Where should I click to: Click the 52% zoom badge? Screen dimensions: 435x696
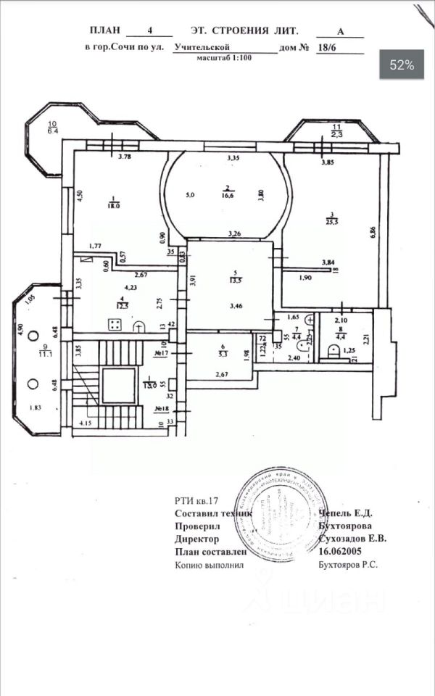pyautogui.click(x=402, y=65)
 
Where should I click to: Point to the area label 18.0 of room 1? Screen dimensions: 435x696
pyautogui.click(x=114, y=206)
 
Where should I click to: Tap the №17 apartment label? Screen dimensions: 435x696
pyautogui.click(x=162, y=354)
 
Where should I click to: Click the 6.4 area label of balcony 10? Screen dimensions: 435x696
pyautogui.click(x=53, y=131)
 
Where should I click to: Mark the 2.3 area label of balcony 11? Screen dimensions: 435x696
pyautogui.click(x=337, y=133)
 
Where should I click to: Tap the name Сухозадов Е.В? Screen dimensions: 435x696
pyautogui.click(x=353, y=539)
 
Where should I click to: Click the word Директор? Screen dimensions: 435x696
pyautogui.click(x=196, y=539)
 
